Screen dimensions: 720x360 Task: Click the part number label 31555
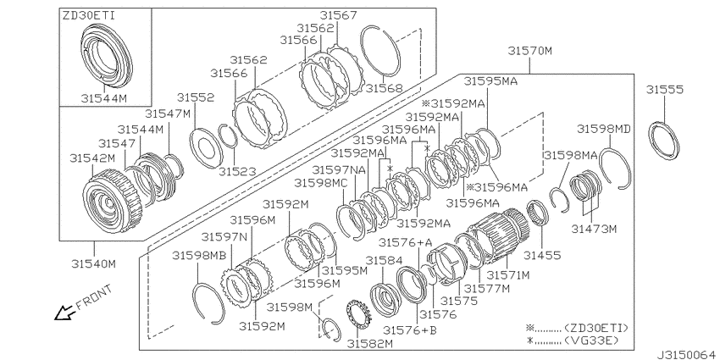coord(664,90)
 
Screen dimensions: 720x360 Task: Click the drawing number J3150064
coord(688,354)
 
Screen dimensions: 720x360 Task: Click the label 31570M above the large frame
coord(530,51)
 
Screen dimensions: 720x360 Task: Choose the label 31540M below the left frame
coord(93,263)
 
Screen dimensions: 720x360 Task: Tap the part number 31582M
coord(370,343)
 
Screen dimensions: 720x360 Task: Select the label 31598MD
coord(604,129)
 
